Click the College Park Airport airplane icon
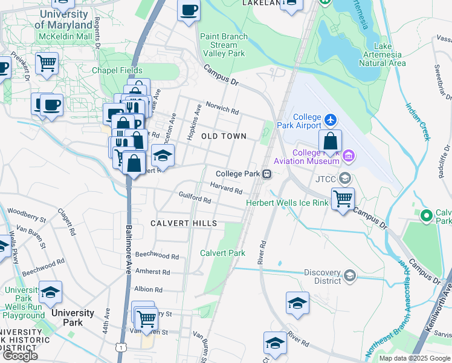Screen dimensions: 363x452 331,118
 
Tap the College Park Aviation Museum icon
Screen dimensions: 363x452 348,157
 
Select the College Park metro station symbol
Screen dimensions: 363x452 266,174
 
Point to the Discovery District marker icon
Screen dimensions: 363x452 349,276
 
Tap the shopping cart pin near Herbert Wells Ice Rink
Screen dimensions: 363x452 343,198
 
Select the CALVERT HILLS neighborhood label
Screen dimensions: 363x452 184,224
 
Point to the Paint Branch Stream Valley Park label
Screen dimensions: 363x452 224,45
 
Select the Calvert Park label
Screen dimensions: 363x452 223,253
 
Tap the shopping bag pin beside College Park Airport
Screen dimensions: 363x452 330,142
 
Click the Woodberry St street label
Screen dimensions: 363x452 28,215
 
